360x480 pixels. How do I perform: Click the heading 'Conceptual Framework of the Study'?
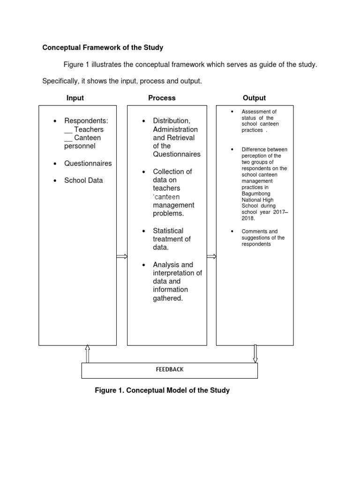coord(103,47)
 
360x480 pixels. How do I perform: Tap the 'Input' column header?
coord(75,98)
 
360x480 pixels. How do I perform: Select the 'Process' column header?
coord(162,98)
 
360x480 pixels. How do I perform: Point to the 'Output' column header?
coord(254,98)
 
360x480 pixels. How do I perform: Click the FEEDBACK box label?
coord(170,369)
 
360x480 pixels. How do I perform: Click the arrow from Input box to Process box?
coord(122,256)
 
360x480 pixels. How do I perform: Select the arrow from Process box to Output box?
coord(211,256)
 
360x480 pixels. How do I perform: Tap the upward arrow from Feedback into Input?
coord(87,354)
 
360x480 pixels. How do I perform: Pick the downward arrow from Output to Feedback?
coord(255,354)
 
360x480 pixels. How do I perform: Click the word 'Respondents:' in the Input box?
coord(86,121)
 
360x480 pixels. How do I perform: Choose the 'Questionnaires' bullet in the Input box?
coord(88,163)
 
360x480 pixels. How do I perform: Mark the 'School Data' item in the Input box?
coord(83,180)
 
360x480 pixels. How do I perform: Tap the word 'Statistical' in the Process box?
coord(168,231)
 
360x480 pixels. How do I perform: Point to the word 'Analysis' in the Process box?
coord(166,264)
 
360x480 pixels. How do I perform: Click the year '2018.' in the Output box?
coord(248,218)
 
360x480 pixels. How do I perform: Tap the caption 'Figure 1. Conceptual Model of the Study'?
coord(162,390)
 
